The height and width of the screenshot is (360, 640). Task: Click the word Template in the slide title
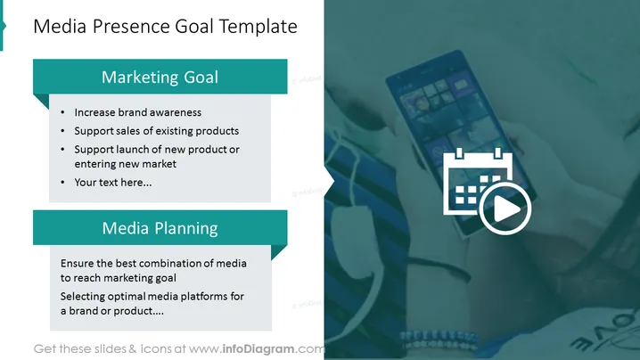point(258,27)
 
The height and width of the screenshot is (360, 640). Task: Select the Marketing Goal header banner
point(160,77)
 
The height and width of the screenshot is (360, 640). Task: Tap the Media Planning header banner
point(160,228)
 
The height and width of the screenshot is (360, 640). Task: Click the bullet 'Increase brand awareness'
point(137,112)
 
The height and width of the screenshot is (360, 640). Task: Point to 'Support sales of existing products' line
point(156,131)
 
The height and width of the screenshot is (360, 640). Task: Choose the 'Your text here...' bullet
point(112,183)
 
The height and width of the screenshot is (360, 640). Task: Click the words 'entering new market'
point(126,164)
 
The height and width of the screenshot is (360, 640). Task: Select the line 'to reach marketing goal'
point(119,278)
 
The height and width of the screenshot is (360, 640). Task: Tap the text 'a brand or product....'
point(111,311)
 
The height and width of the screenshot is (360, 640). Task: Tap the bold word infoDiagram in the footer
point(258,349)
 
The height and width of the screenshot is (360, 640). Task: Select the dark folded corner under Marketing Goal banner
point(41,102)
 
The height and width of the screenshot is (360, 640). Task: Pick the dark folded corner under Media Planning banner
point(279,253)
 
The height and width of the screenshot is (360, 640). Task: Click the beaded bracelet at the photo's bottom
point(439,340)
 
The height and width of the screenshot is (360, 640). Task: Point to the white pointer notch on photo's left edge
point(330,180)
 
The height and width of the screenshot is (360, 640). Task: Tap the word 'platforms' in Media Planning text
point(204,297)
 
